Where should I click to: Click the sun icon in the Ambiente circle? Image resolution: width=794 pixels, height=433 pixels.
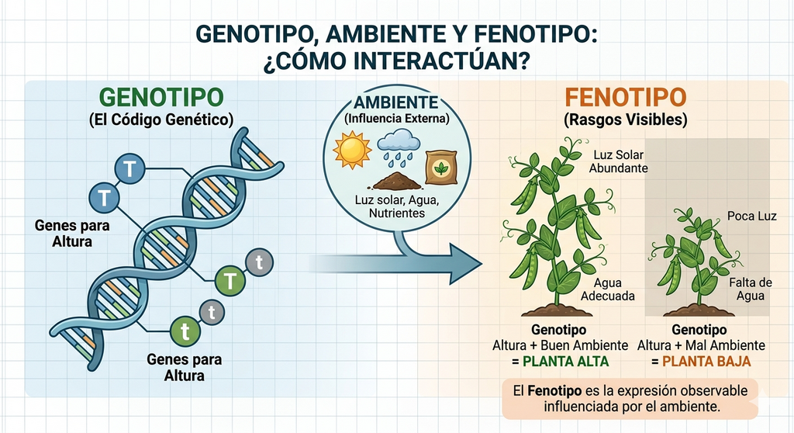tap(353, 150)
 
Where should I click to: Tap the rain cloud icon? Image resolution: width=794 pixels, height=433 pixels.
tap(399, 147)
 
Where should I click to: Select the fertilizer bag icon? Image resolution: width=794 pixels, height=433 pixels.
tap(441, 167)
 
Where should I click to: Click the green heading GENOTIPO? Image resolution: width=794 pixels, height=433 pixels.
tap(161, 97)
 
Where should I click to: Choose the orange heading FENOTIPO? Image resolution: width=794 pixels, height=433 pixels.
tap(626, 97)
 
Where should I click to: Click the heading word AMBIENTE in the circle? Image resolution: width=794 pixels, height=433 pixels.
tap(396, 102)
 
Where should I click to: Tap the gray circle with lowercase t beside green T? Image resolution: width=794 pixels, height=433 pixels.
tap(259, 262)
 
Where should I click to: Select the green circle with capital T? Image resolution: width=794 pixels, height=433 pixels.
tap(230, 281)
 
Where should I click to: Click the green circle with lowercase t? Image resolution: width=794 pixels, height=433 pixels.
tap(185, 331)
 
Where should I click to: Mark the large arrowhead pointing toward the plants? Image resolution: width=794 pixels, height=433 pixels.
tap(464, 264)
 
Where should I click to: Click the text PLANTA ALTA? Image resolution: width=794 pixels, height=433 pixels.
tap(565, 362)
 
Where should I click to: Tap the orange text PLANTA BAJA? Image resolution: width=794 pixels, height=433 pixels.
tap(706, 362)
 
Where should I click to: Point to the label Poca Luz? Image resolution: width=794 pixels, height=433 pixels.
tap(751, 216)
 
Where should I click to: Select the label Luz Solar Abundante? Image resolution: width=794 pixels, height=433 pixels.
tap(618, 161)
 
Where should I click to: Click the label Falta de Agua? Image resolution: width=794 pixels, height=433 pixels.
tap(751, 289)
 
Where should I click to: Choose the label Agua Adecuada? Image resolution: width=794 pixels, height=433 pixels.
tap(608, 289)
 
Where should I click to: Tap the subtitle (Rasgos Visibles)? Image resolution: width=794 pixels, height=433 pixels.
tap(626, 120)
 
